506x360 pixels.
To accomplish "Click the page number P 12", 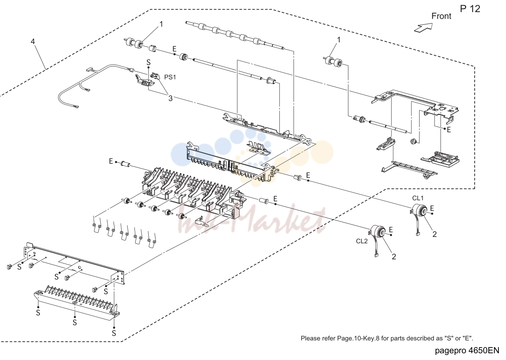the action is [x=470, y=9].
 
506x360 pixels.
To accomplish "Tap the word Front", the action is [x=441, y=16].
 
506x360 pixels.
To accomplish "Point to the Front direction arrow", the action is [x=423, y=28].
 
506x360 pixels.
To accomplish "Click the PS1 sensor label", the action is [x=170, y=77].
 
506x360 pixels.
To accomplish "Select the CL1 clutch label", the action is [x=418, y=198].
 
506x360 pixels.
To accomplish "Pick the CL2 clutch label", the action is [x=362, y=241].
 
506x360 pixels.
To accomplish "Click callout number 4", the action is [x=33, y=42].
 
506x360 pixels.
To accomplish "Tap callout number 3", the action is [x=170, y=98].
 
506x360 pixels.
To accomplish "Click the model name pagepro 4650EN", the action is [x=467, y=350].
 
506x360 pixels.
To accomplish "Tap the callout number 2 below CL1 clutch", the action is [x=434, y=234].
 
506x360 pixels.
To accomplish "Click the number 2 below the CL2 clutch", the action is [x=394, y=256].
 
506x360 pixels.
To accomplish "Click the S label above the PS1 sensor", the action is [x=148, y=62].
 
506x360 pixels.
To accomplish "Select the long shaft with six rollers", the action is [x=235, y=35].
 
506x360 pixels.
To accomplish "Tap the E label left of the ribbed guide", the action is [x=111, y=161].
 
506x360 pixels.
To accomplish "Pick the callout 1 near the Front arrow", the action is [x=339, y=40].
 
